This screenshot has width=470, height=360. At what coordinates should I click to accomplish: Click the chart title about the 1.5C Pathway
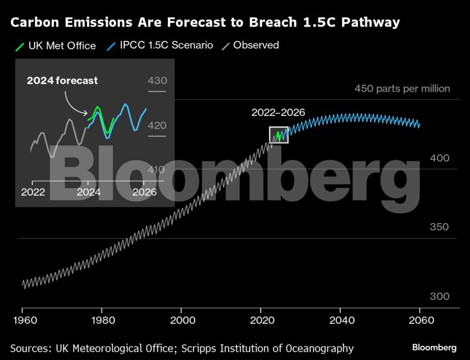click(x=205, y=23)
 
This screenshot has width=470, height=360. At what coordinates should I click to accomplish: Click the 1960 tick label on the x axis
click(x=23, y=320)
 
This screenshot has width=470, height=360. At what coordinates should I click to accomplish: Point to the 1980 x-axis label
click(x=102, y=320)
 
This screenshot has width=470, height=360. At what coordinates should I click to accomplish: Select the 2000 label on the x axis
click(x=182, y=320)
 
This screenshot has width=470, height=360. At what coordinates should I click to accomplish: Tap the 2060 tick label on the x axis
click(x=419, y=320)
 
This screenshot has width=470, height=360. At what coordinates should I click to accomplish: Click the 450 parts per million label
click(x=402, y=89)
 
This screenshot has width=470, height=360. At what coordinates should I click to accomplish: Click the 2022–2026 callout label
click(x=278, y=113)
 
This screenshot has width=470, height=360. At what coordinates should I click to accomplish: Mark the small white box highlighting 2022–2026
click(x=278, y=134)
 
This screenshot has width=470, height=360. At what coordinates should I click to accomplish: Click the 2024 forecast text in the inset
click(x=62, y=81)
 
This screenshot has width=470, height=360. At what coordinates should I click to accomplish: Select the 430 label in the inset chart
click(x=157, y=81)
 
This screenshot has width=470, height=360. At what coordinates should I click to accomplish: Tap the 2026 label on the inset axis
click(x=144, y=193)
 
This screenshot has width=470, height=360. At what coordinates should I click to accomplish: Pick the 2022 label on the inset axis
click(x=33, y=193)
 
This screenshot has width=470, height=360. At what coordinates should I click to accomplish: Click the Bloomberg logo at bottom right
click(x=434, y=347)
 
